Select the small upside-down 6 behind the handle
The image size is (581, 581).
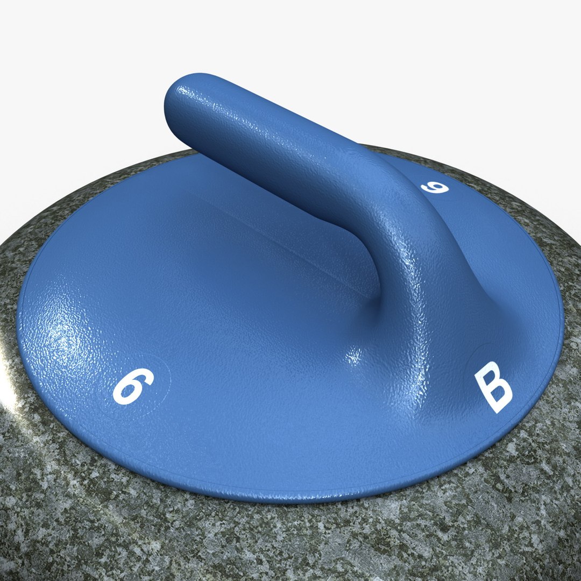(x=435, y=187)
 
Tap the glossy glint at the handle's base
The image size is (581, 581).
(x=355, y=355)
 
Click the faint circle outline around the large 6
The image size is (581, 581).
(x=164, y=366)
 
